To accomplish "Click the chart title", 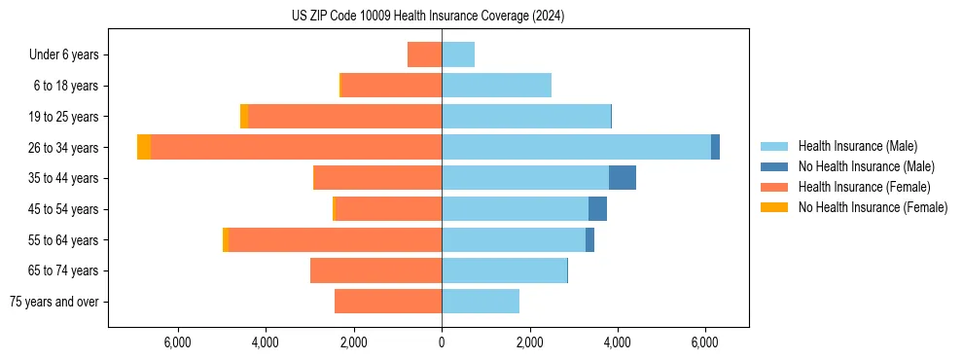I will [428, 17].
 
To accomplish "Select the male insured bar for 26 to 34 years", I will [576, 147].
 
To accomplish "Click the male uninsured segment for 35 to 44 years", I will [623, 178].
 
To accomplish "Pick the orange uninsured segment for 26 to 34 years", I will [144, 147].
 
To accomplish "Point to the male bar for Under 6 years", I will [458, 54].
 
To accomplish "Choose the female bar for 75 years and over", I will [388, 302].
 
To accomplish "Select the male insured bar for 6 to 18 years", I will [496, 86].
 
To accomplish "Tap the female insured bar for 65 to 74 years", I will [375, 270].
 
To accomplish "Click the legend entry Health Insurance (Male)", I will [852, 146].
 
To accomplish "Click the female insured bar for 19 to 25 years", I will [344, 117].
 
